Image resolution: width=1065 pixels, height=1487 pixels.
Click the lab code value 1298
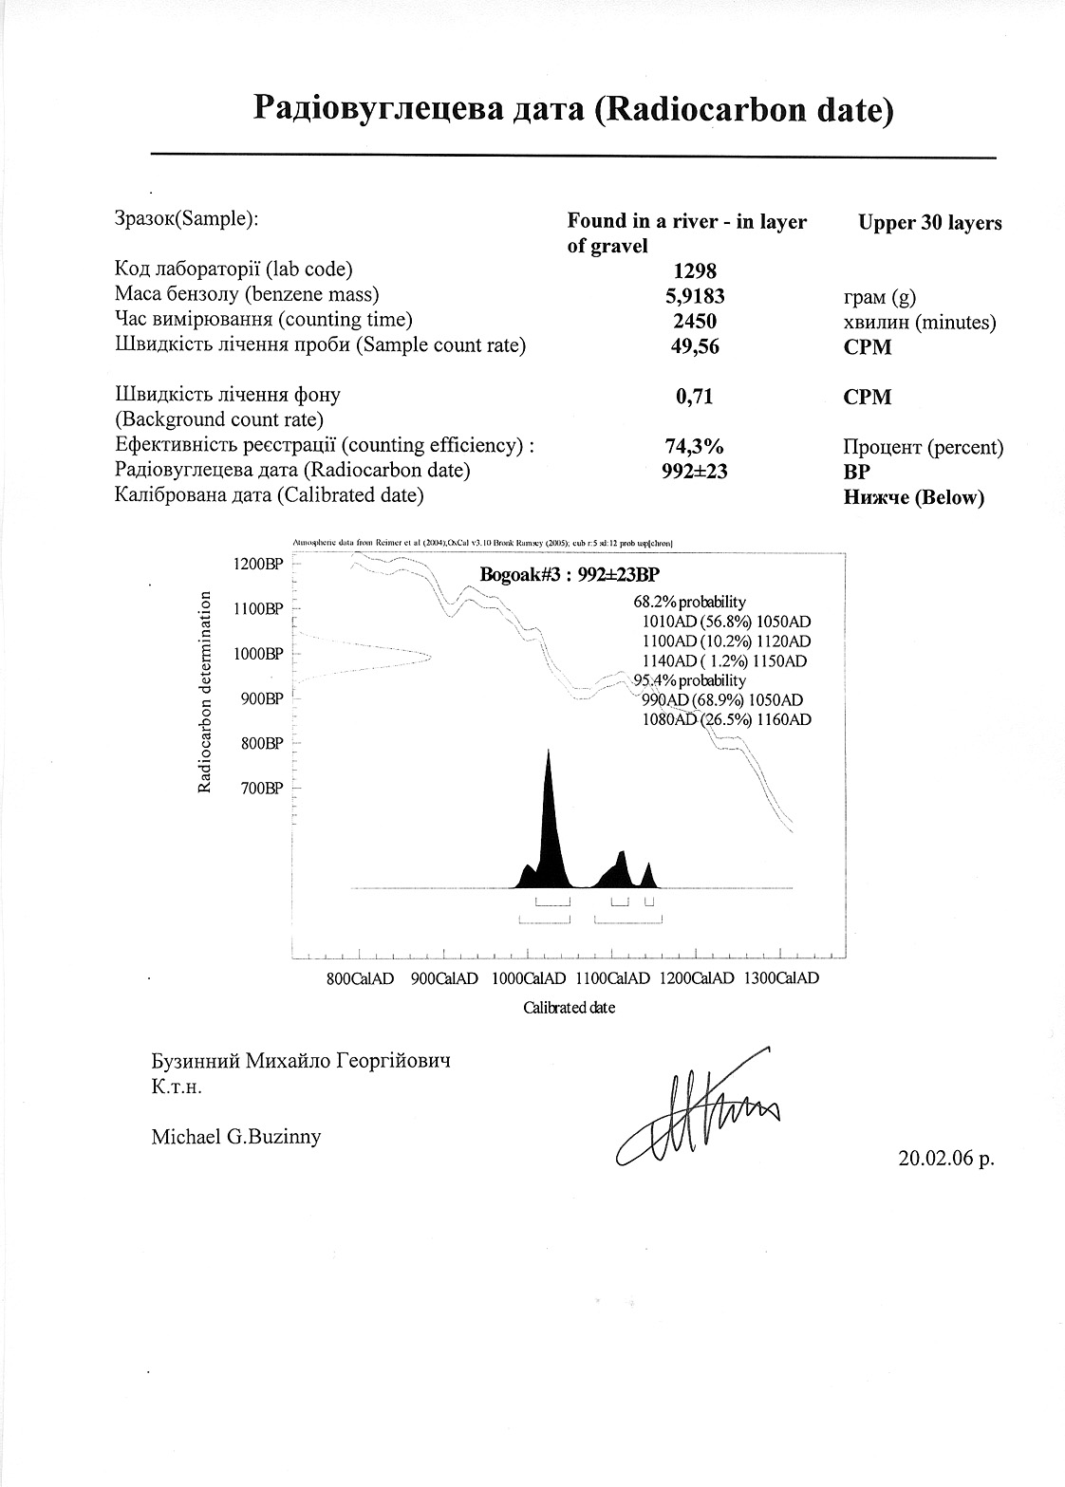(x=695, y=271)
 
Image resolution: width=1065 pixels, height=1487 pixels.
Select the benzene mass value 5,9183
(x=695, y=296)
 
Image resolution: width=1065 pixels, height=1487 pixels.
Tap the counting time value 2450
(x=695, y=321)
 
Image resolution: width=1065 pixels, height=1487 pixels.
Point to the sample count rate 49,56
(x=695, y=346)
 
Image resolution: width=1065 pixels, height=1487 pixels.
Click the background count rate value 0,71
(x=695, y=397)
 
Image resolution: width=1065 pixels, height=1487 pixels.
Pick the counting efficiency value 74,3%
(x=695, y=446)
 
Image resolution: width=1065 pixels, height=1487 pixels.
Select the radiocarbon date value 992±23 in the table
(x=695, y=471)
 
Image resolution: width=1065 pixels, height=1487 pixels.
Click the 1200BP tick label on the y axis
(x=258, y=564)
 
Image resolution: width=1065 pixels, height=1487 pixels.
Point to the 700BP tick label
(x=262, y=789)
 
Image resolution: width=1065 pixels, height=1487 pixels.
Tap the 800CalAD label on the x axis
(x=360, y=979)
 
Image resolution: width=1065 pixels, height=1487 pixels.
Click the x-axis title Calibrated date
(x=570, y=1008)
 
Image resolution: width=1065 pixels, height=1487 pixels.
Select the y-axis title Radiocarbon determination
(x=204, y=691)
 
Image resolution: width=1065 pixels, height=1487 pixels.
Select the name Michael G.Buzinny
(x=236, y=1136)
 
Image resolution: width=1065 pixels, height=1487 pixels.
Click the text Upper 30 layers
(x=930, y=224)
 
